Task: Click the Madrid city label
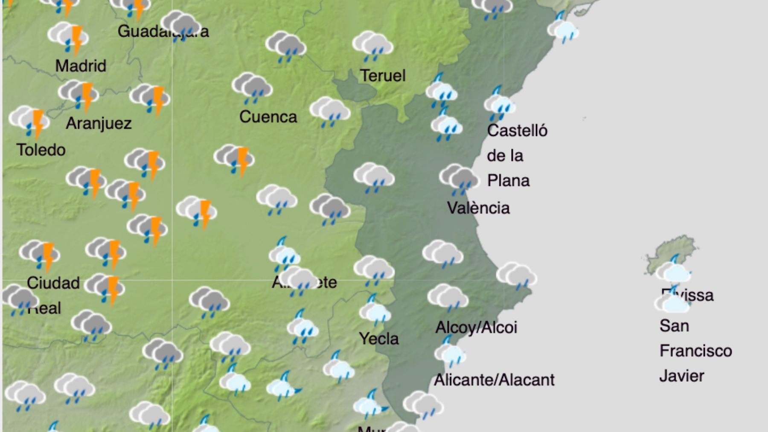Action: (81, 66)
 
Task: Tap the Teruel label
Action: (383, 76)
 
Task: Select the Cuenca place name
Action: (268, 117)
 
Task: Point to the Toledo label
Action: (41, 150)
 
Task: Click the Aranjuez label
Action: (99, 123)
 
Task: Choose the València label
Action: (478, 208)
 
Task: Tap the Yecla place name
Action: (379, 339)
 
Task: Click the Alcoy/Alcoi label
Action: (476, 328)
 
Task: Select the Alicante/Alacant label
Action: (494, 380)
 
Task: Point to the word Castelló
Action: (517, 130)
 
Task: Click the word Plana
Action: (508, 181)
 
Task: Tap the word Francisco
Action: (695, 351)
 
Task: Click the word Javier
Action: (681, 376)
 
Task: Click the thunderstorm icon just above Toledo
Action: (29, 121)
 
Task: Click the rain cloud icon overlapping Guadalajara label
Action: (180, 25)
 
